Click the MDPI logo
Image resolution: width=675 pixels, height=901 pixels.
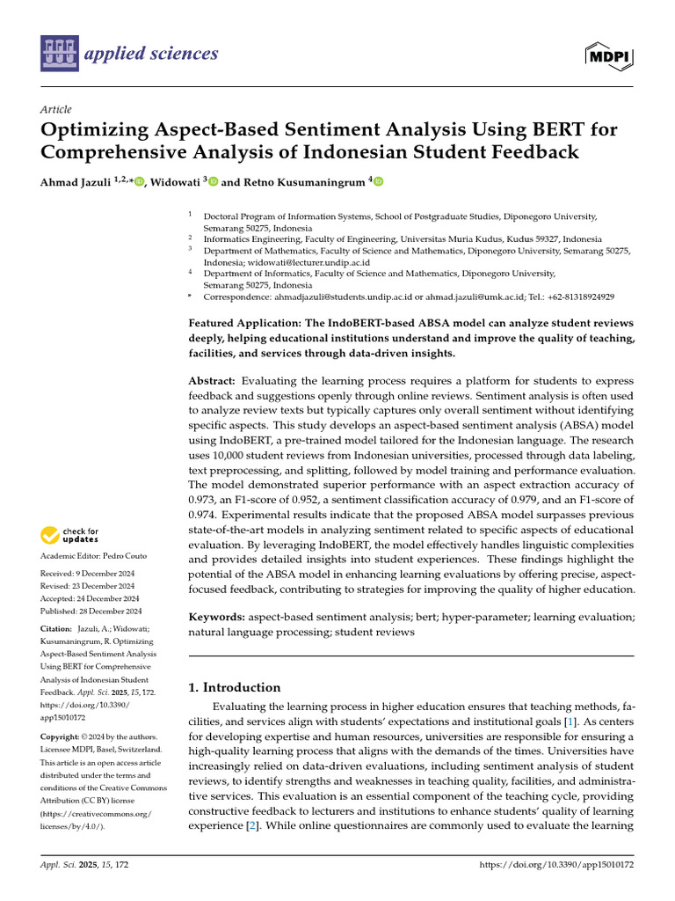click(x=610, y=55)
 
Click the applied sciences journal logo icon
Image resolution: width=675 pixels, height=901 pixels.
click(x=59, y=54)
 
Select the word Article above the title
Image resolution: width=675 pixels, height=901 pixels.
click(x=55, y=109)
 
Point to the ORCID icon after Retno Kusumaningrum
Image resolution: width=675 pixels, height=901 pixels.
click(x=380, y=182)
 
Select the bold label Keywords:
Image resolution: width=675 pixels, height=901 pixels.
click(x=217, y=619)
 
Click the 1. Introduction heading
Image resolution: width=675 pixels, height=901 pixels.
click(x=236, y=687)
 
